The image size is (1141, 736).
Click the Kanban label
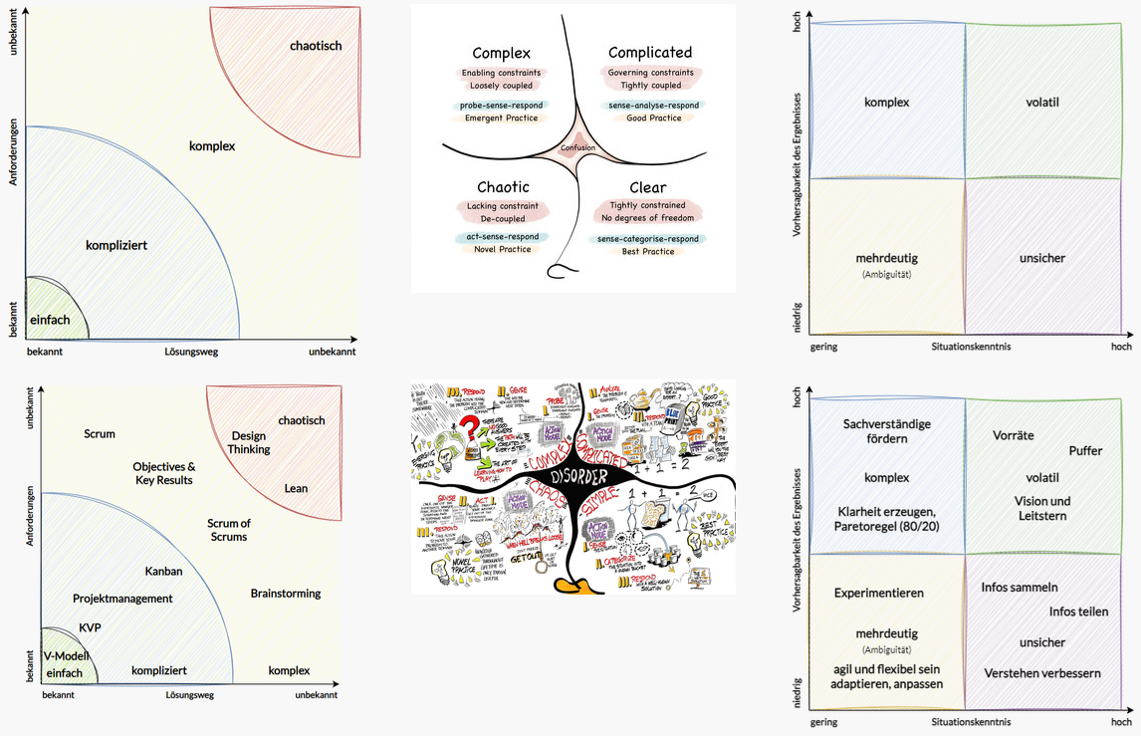(163, 572)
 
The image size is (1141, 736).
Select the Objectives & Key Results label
(164, 473)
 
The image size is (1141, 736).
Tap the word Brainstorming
(286, 594)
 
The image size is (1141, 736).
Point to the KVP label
(91, 628)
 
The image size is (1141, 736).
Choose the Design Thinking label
(249, 442)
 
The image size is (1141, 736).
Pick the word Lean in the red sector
(296, 489)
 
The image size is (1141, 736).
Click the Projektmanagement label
(122, 599)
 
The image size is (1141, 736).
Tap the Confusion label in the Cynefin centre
(577, 148)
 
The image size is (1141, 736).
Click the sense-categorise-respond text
(647, 239)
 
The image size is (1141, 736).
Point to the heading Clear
(648, 187)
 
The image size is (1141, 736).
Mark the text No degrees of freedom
(649, 217)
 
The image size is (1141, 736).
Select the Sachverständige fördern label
(887, 431)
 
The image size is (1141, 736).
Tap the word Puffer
(1085, 451)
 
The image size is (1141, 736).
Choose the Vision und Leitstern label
(1042, 508)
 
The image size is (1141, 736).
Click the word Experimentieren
(879, 593)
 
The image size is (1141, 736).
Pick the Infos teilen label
(1078, 612)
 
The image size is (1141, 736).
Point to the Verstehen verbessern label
(1042, 673)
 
